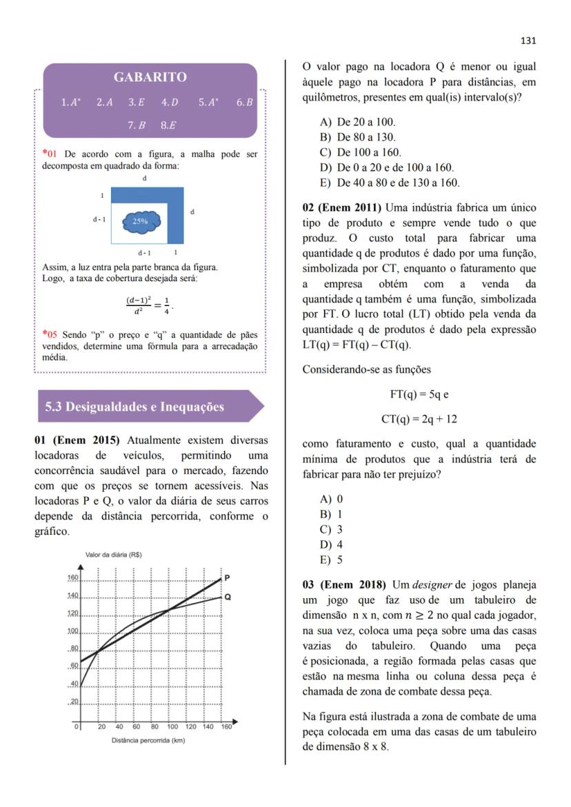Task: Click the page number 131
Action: (x=528, y=41)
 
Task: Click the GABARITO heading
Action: (x=150, y=77)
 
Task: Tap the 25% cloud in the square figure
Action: (x=141, y=221)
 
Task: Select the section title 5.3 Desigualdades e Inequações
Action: (x=134, y=407)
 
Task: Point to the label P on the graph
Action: (x=228, y=578)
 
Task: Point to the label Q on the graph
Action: (x=228, y=597)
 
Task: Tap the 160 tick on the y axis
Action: (x=72, y=578)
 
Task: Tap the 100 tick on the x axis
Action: (x=172, y=726)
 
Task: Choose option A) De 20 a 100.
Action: (x=357, y=122)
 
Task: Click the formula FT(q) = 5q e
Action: (x=419, y=395)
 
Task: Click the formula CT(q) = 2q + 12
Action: (x=419, y=419)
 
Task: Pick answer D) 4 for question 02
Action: (x=332, y=545)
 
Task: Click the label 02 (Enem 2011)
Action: (x=342, y=207)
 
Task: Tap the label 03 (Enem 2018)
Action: (x=342, y=585)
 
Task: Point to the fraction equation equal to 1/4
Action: (x=149, y=304)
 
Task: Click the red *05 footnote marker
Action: (x=48, y=335)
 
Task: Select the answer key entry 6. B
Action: (x=245, y=102)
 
